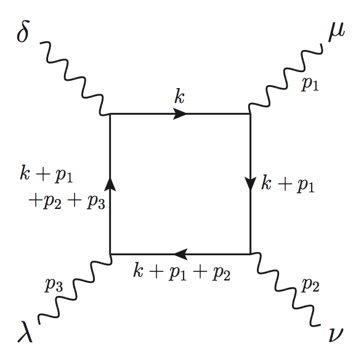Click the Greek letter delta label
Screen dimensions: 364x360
[x=23, y=33]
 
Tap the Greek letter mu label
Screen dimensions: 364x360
[x=337, y=31]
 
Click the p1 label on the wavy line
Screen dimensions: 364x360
[x=309, y=84]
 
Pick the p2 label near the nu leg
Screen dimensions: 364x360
[x=309, y=285]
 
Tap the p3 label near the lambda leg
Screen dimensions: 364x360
[x=54, y=285]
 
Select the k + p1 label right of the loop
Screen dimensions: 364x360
[x=288, y=184]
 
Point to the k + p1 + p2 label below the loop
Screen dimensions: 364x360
[x=182, y=272]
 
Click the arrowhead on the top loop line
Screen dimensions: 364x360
[x=180, y=113]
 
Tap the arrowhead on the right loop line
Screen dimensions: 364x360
[x=250, y=184]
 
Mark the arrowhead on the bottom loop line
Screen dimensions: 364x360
[x=179, y=253]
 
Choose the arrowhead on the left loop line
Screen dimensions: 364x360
[x=110, y=183]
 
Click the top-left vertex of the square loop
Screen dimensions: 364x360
[x=110, y=113]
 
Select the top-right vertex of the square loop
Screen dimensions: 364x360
[x=250, y=113]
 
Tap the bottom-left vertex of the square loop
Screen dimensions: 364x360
[x=110, y=253]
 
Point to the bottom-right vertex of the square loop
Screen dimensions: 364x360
[x=250, y=253]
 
